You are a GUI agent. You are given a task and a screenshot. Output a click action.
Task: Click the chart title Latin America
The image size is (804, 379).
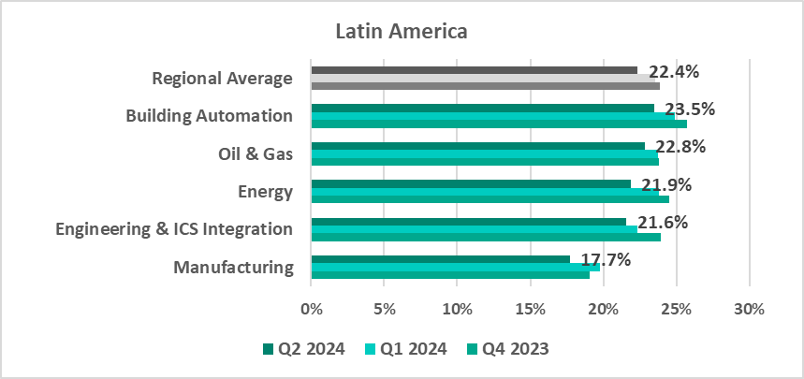click(402, 32)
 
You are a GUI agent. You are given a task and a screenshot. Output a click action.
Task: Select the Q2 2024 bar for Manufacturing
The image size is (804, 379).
click(440, 259)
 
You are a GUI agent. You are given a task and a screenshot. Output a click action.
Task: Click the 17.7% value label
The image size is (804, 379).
click(605, 259)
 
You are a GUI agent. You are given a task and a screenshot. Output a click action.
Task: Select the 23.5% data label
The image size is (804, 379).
click(689, 109)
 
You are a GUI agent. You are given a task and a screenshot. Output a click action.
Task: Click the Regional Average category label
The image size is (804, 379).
click(222, 78)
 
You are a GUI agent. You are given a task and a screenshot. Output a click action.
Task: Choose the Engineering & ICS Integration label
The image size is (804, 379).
click(174, 229)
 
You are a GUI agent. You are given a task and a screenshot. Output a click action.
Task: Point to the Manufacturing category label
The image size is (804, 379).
click(233, 268)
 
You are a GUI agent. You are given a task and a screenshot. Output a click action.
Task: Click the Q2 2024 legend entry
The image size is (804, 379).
click(304, 349)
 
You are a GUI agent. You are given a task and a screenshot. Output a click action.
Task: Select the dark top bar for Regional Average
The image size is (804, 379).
click(474, 70)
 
